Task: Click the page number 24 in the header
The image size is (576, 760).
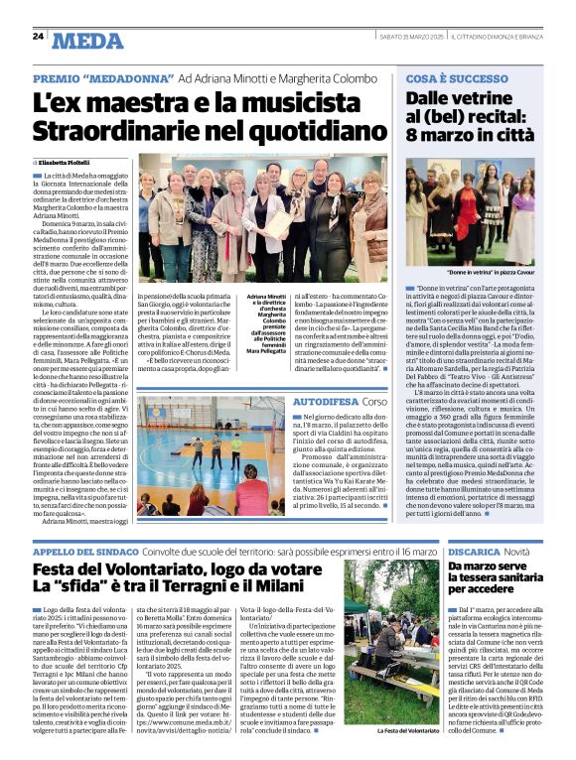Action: point(38,36)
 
